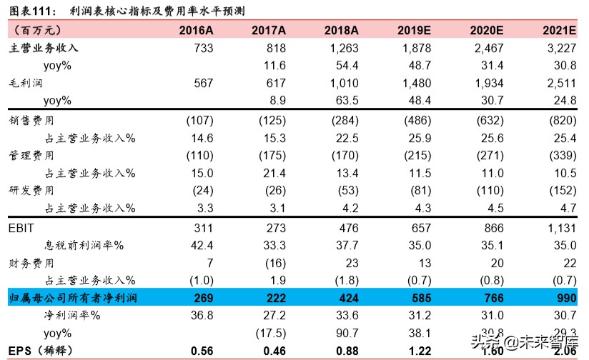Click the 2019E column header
(415, 31)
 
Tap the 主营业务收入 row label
(44, 48)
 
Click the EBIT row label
(22, 229)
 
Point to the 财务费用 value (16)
(272, 264)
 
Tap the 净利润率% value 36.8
(202, 316)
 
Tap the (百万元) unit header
(37, 31)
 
